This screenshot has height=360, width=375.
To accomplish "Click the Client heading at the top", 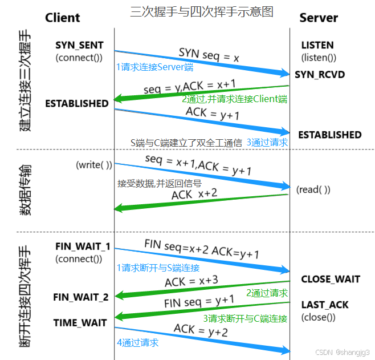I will (x=63, y=17).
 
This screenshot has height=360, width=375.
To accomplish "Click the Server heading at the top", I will (x=319, y=18).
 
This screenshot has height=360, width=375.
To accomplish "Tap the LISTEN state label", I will (x=317, y=45).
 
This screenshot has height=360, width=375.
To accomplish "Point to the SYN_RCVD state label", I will (x=320, y=75).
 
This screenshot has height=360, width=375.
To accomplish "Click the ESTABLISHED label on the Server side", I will (x=330, y=135).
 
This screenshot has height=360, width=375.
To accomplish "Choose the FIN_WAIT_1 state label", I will (x=83, y=246).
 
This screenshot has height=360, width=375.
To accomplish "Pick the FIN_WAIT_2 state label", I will (x=81, y=297).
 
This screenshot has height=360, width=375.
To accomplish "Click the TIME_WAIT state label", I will (x=80, y=323).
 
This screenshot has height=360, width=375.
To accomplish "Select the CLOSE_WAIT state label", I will (x=331, y=280).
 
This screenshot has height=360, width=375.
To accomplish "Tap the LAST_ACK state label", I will (x=325, y=305).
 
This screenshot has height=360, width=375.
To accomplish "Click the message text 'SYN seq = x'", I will (x=209, y=55).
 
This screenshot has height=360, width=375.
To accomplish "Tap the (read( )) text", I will (x=313, y=190).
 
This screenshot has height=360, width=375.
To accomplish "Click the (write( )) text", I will (x=94, y=165).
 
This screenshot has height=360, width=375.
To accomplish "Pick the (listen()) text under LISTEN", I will (x=318, y=58).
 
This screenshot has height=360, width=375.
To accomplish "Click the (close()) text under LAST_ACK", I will (x=318, y=317).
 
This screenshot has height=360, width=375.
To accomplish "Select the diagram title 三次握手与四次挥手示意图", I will (x=201, y=11).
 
